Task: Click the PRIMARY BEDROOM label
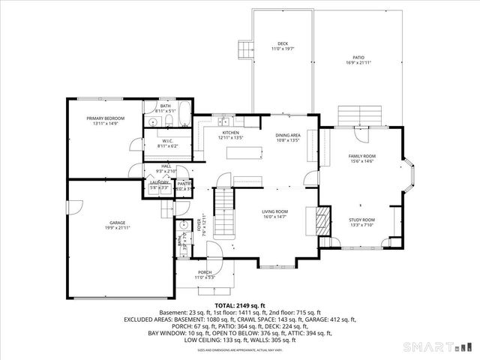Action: coord(105,118)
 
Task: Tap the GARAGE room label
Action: coord(117,223)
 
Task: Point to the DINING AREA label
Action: coord(288,135)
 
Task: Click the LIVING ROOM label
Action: coord(275,211)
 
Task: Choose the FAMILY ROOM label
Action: coord(361,156)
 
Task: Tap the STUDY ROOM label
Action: coord(361,220)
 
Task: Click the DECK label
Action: coord(283,44)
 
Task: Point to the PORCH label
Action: coord(205,272)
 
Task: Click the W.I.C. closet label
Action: coord(168,140)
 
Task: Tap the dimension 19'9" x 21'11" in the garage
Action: coord(117,227)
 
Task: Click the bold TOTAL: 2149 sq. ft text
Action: coord(240,306)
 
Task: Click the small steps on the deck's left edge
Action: coord(244,50)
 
